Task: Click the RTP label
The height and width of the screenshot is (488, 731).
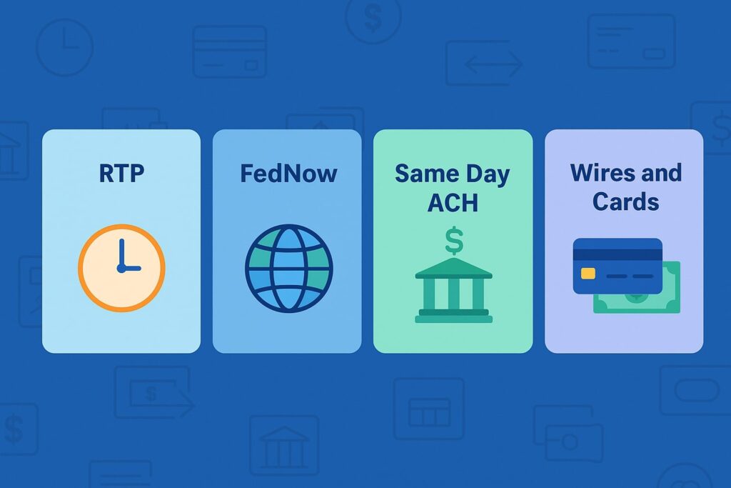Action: point(121,173)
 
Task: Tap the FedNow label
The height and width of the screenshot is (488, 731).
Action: point(288,173)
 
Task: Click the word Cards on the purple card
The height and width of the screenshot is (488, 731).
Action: point(625,201)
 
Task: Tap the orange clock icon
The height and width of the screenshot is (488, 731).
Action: point(121,267)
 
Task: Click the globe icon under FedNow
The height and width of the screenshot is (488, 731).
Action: point(288,268)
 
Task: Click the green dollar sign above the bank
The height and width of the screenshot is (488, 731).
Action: point(453,240)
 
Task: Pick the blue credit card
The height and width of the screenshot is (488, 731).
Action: point(617,266)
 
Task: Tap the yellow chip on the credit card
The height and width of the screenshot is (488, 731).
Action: point(588,273)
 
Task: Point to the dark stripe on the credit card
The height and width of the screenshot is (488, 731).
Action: point(617,254)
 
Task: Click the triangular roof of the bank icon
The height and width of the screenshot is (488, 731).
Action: point(453,268)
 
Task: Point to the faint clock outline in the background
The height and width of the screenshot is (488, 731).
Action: point(64,47)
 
